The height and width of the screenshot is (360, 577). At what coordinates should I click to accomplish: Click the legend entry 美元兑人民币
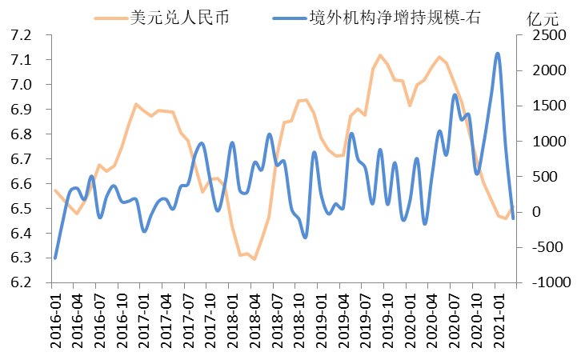179,16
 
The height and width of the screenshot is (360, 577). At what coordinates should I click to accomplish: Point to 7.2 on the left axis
22,35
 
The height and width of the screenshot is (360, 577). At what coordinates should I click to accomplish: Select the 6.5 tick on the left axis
22,209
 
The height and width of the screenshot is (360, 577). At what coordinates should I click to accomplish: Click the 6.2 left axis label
22,283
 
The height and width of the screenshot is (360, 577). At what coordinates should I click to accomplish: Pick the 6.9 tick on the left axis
22,110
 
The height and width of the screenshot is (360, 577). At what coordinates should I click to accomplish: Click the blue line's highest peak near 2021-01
498,54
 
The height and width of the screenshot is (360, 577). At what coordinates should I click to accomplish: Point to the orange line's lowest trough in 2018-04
254,259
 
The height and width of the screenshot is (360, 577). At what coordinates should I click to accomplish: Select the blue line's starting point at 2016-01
55,258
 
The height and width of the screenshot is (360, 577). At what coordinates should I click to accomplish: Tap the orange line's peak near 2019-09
380,55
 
